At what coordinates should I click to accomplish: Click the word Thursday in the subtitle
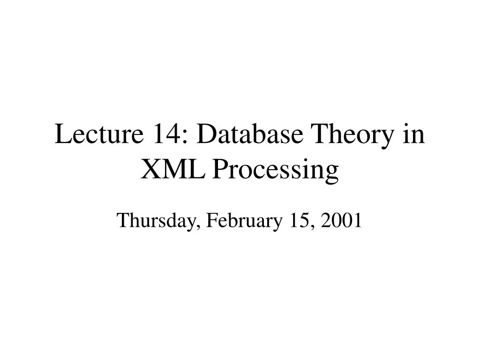tap(155, 220)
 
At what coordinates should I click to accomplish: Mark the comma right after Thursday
tap(197, 226)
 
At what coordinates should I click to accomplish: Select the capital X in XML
tap(150, 170)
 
